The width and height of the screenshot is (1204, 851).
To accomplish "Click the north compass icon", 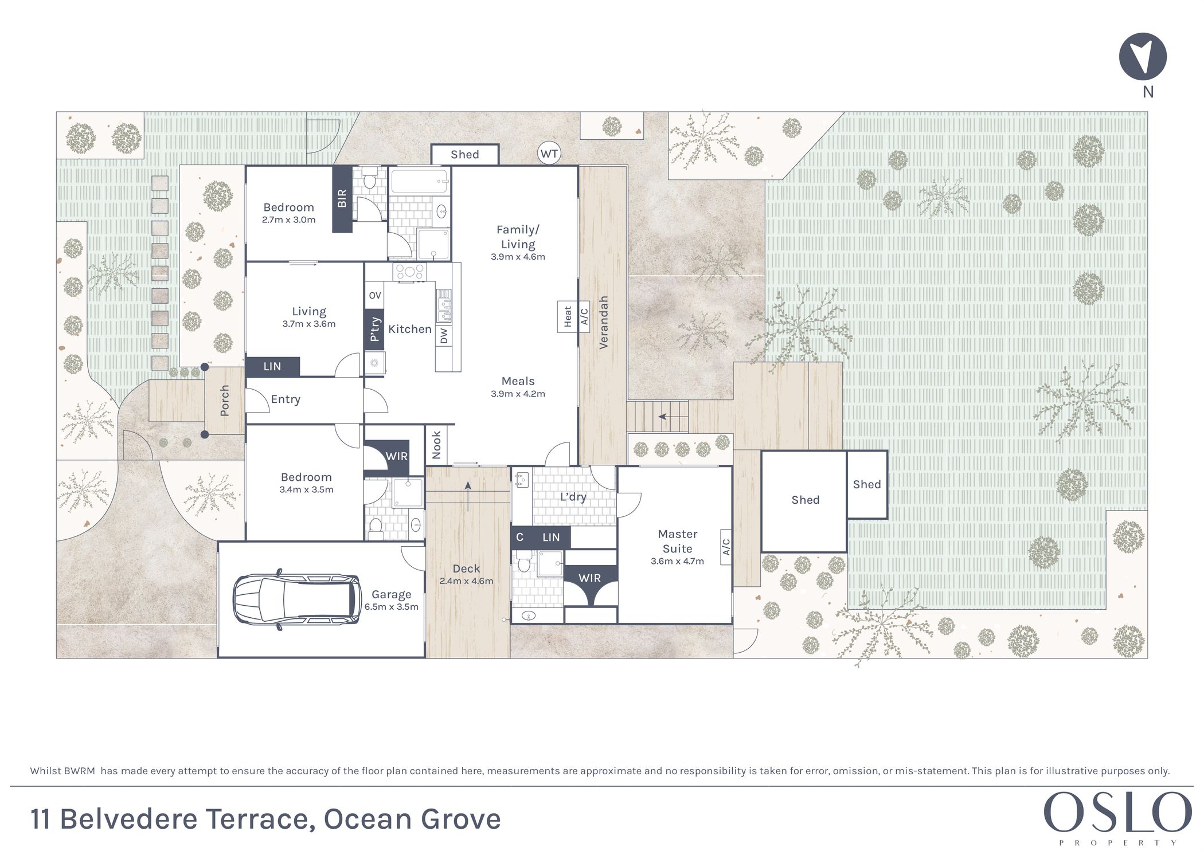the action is coord(1143,56).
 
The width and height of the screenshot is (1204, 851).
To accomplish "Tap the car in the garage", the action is coord(297,599).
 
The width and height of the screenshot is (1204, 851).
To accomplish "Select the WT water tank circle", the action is coord(549,154).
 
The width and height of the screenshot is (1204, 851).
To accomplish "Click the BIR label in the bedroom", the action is coord(342,198).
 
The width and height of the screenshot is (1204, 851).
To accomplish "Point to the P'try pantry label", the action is coord(374,330).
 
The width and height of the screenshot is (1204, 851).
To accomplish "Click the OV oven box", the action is coord(374,296).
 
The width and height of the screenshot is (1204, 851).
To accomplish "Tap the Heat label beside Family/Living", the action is coord(568,316).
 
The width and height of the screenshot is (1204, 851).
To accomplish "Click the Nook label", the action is coord(436,445).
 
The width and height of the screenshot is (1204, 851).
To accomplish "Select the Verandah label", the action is coord(603,323).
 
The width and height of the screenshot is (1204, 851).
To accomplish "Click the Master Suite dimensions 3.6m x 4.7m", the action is coord(677,561).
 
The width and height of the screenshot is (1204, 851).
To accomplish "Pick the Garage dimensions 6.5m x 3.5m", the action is coord(392,607).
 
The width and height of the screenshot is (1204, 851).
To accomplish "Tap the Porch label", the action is coord(224,401).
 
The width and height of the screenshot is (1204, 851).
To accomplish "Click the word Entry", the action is coord(286,399).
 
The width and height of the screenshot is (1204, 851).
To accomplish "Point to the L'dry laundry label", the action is coord(573,497).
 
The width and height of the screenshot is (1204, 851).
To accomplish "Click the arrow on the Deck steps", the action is coord(468,496).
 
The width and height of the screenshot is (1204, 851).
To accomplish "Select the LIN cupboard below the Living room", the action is coord(272,366).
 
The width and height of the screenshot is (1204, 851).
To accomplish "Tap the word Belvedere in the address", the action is coord(130,819).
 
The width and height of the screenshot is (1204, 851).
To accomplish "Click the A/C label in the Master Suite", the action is coord(726,547).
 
